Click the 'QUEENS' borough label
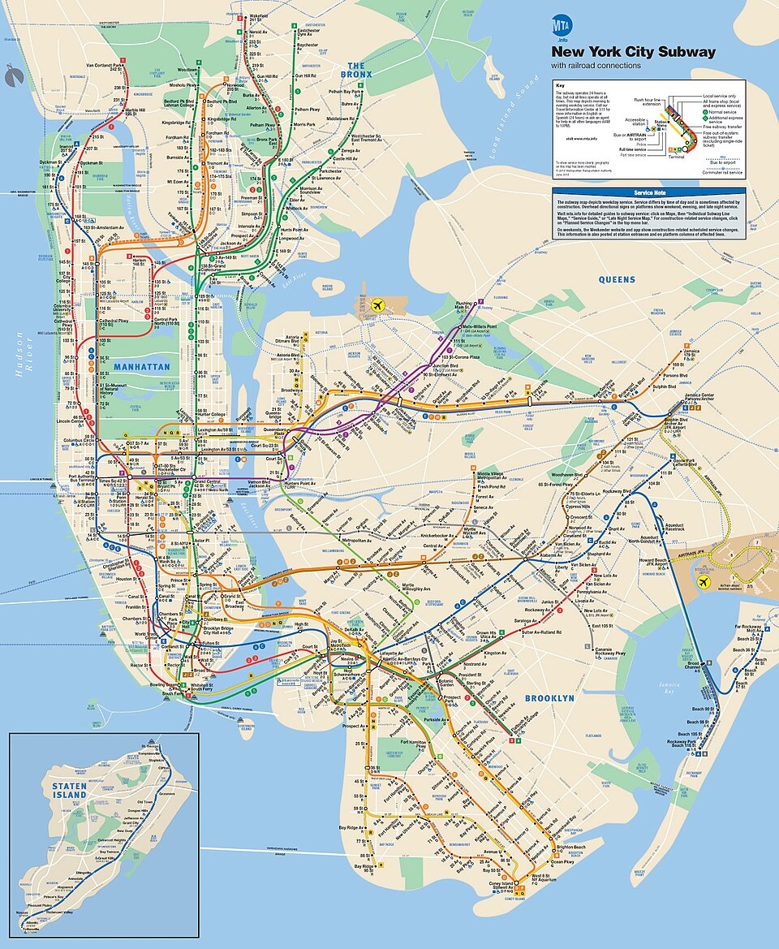617,279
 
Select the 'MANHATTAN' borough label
141,367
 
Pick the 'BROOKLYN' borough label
549,698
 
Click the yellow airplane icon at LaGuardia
377,304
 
